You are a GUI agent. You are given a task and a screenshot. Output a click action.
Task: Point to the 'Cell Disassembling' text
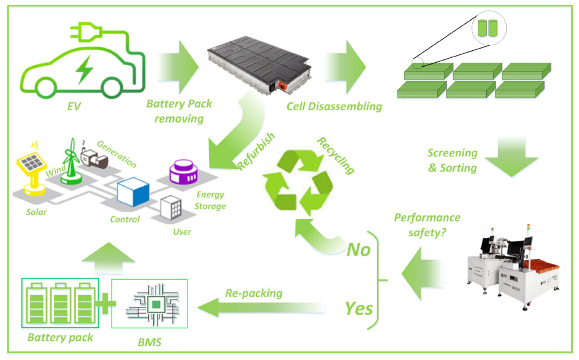pos(334,106)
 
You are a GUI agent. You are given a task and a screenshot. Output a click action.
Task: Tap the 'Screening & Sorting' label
pos(452,160)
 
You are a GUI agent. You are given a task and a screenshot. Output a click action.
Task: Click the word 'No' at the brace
pos(358,249)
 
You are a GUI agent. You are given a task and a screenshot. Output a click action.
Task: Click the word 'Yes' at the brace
pos(358,309)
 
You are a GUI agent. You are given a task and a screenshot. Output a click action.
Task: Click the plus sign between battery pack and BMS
pos(105,304)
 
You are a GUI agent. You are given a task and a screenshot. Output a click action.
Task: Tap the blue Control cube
pos(132,192)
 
